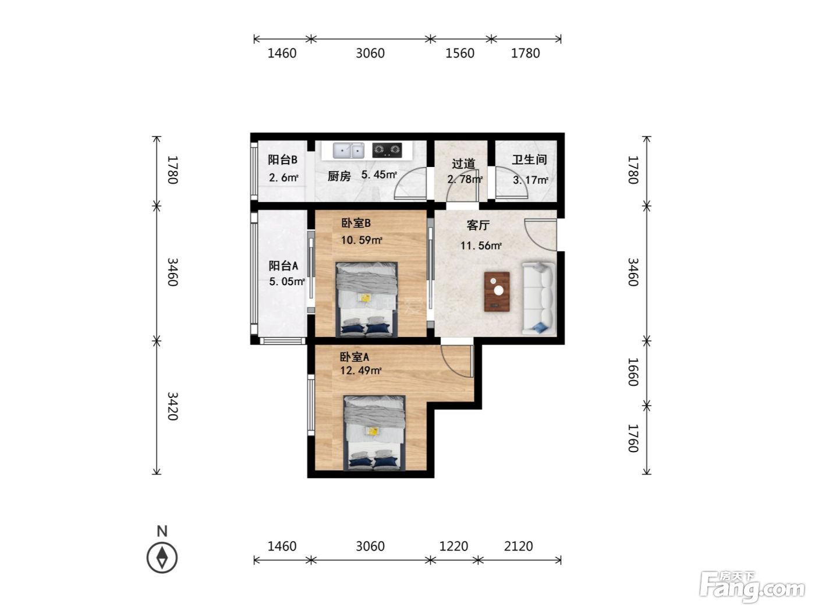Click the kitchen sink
pyautogui.click(x=348, y=151)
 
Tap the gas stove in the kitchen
pyautogui.click(x=387, y=150)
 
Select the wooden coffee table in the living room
pyautogui.click(x=497, y=291)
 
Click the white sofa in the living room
pyautogui.click(x=538, y=299)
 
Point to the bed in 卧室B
pyautogui.click(x=367, y=299)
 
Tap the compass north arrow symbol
pyautogui.click(x=162, y=557)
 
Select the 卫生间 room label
pyautogui.click(x=529, y=159)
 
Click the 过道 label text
pyautogui.click(x=463, y=164)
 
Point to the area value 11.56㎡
pyautogui.click(x=481, y=245)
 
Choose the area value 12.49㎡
pyautogui.click(x=360, y=370)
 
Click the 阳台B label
pyautogui.click(x=282, y=159)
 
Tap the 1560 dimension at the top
pyautogui.click(x=460, y=54)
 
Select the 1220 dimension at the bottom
pyautogui.click(x=453, y=546)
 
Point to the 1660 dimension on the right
pyautogui.click(x=633, y=372)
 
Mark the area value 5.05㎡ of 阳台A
pyautogui.click(x=287, y=282)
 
